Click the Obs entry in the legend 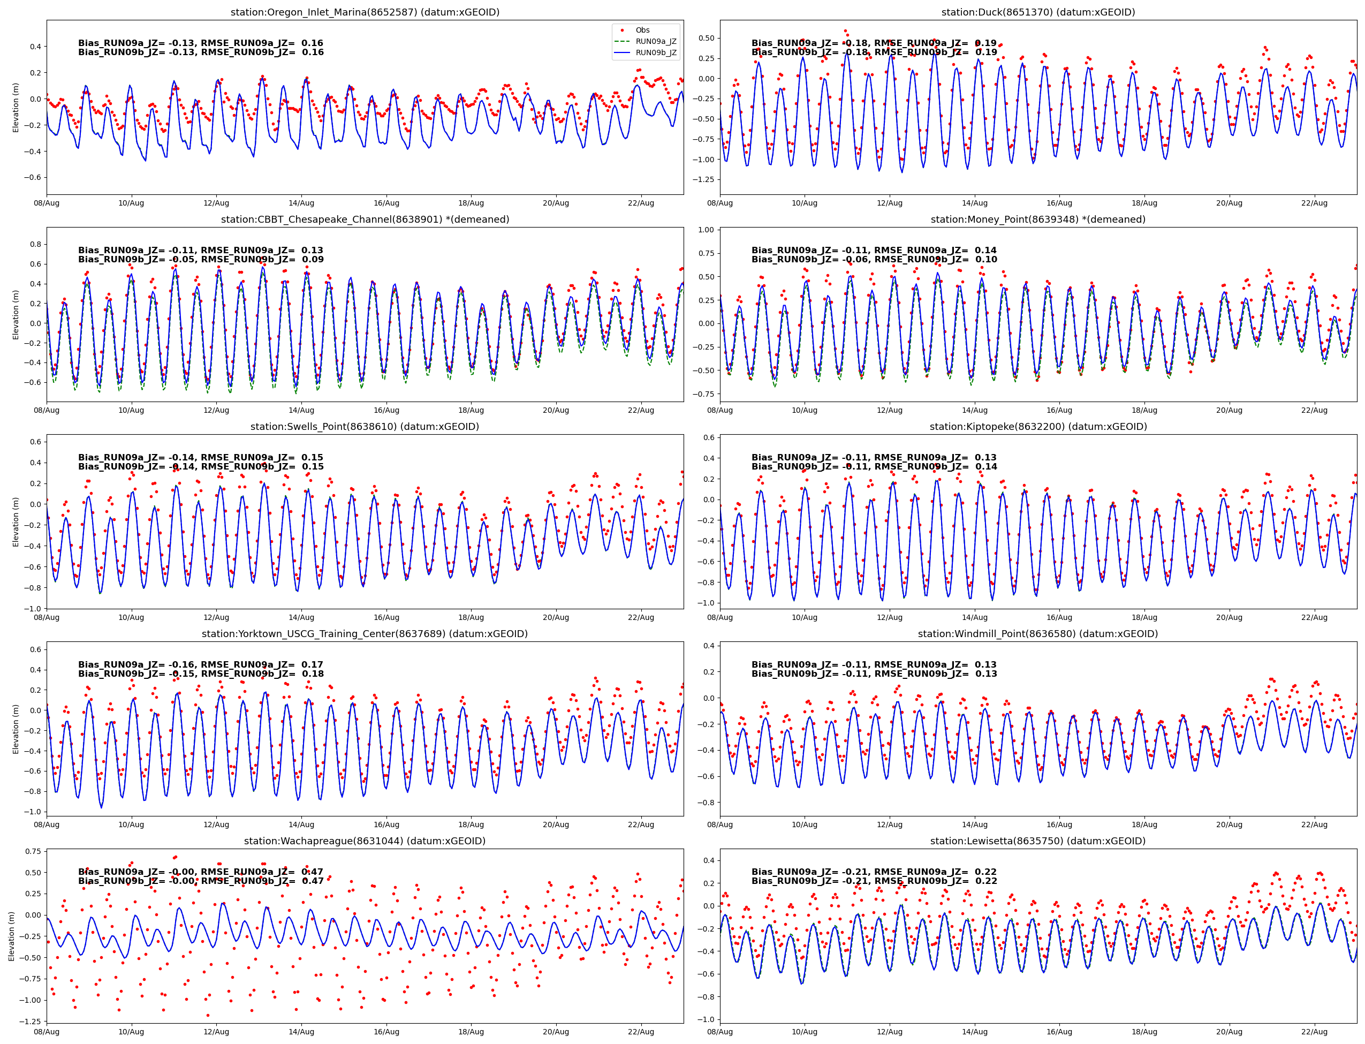(642, 30)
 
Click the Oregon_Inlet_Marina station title (365, 12)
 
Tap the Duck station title (1037, 12)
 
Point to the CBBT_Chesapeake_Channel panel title (365, 220)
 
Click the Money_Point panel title (1037, 220)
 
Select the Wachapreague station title (365, 841)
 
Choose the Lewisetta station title (1037, 841)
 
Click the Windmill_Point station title (1037, 634)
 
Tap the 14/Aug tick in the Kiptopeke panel (974, 618)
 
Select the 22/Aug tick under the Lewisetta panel (1314, 1032)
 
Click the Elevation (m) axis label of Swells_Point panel (16, 522)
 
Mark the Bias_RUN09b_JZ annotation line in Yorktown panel (201, 674)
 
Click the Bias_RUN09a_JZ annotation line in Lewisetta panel (874, 872)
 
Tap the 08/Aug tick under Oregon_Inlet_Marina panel (47, 203)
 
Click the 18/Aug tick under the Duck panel (1144, 203)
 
